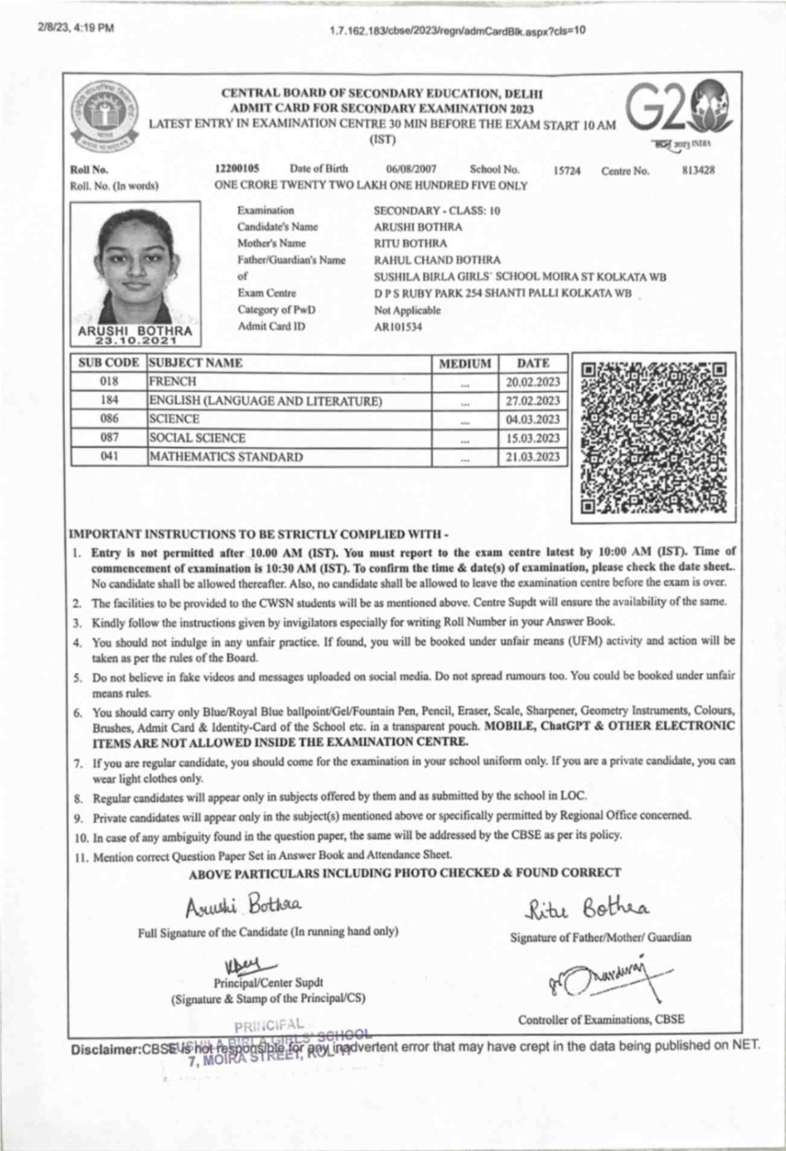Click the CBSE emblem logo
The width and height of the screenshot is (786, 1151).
[104, 116]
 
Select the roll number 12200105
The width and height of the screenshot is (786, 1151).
[237, 169]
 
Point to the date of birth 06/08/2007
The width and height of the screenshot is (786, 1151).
[411, 170]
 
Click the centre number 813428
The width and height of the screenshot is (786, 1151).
[698, 171]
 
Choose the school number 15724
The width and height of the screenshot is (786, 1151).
[567, 171]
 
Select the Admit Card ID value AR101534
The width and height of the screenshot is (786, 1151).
[398, 328]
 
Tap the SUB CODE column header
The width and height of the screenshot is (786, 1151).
[109, 363]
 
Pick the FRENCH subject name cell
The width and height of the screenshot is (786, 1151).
[173, 382]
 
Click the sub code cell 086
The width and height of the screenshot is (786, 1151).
[109, 419]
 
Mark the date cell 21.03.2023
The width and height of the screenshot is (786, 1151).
[532, 457]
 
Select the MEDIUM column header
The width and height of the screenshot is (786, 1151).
[465, 364]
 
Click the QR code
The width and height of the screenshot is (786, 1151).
[653, 438]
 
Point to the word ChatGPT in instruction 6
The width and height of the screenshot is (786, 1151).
[564, 726]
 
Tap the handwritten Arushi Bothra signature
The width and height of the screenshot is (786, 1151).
[242, 905]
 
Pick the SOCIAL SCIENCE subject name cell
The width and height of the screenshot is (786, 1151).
[197, 438]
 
